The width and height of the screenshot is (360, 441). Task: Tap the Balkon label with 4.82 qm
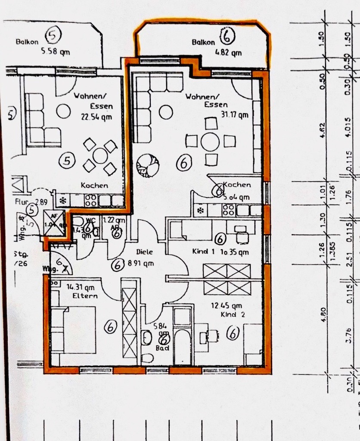click(203, 42)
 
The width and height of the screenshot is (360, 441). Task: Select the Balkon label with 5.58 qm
click(28, 42)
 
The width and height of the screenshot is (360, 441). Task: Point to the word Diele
click(145, 252)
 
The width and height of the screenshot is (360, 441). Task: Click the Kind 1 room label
click(201, 251)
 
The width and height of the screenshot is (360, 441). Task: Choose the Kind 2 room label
click(233, 315)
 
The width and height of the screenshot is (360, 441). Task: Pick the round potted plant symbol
click(147, 165)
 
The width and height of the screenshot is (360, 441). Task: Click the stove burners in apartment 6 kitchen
click(228, 210)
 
